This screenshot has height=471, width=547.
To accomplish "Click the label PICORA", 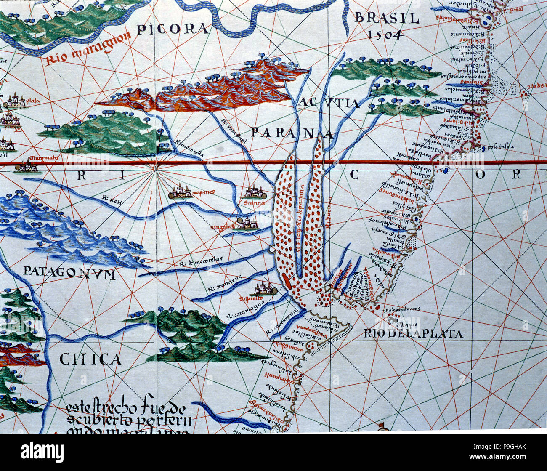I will tap(173, 29).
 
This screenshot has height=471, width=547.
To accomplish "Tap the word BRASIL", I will tap(387, 18).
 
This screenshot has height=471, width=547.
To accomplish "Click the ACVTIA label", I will tap(330, 104).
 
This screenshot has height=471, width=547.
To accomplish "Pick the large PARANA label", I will tap(292, 133).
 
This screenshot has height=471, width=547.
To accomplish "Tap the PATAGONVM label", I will tap(69, 273).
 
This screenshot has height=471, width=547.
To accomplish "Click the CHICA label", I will tap(90, 359).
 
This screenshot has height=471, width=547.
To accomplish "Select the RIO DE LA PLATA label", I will tap(413, 334).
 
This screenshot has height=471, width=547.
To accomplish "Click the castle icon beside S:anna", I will tap(254, 193).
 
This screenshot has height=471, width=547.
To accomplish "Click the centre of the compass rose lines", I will tap(156, 167).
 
